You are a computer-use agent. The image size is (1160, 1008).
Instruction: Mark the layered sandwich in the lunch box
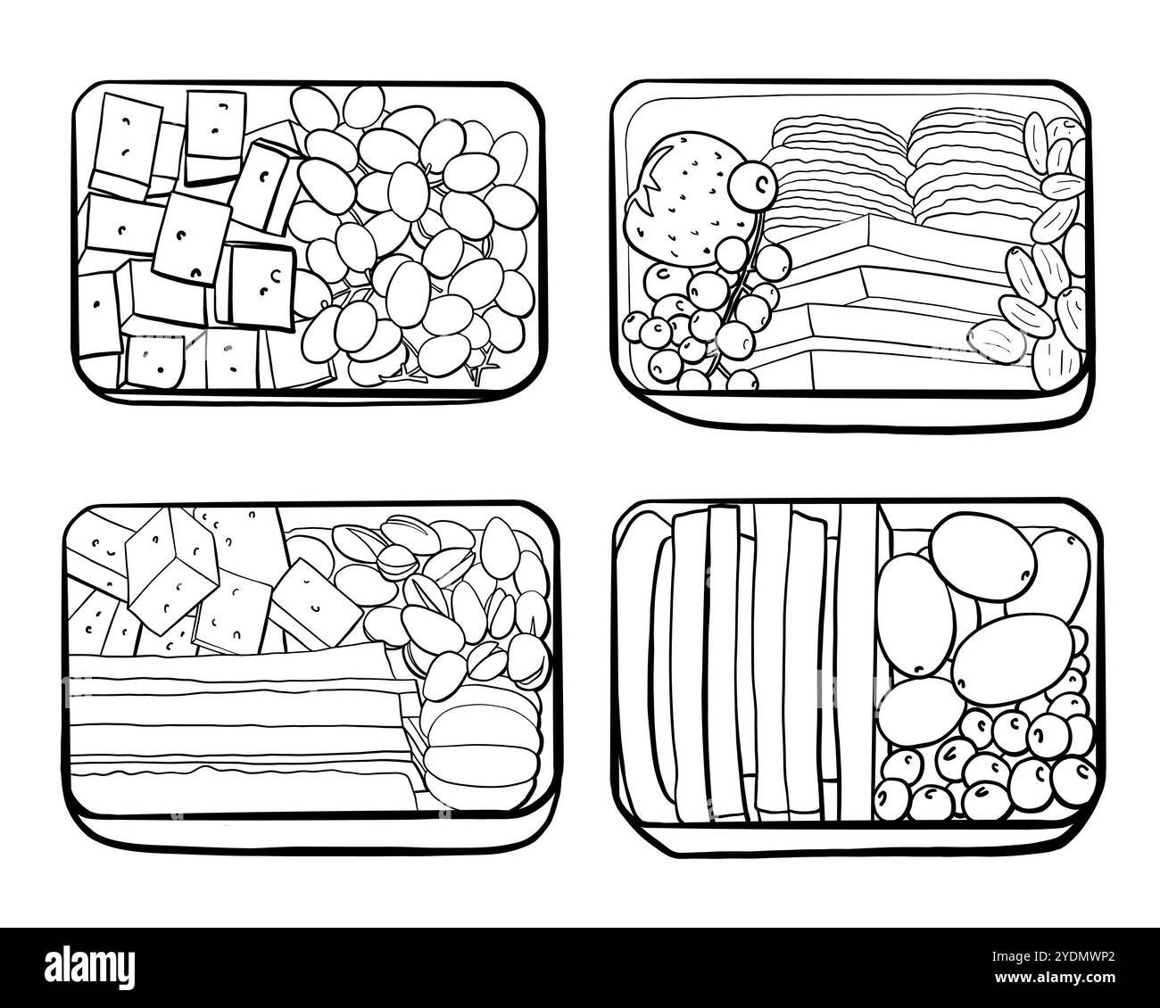(x=241, y=723)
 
